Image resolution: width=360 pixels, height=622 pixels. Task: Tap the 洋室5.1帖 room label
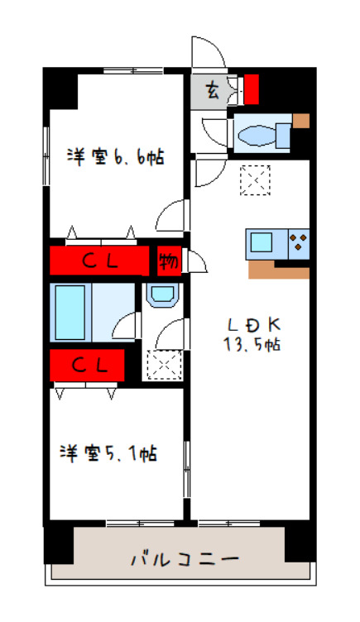tap(108, 453)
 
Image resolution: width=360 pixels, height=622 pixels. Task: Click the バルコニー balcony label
tap(185, 559)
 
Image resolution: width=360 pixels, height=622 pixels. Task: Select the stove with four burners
tap(299, 243)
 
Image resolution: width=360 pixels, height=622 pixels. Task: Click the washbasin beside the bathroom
tap(160, 295)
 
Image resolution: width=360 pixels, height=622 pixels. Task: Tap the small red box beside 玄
tap(252, 87)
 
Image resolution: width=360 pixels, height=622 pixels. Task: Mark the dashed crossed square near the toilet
tap(255, 180)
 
